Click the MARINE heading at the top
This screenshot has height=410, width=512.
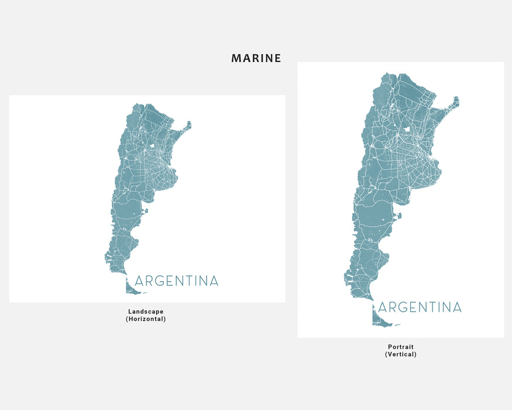256,58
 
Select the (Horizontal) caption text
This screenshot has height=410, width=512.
146,319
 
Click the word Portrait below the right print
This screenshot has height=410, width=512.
401,347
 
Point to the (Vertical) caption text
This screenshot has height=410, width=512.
401,354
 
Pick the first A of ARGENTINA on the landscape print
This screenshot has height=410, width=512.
139,281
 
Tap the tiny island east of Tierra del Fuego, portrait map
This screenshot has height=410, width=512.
397,325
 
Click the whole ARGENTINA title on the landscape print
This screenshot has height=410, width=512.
176,281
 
